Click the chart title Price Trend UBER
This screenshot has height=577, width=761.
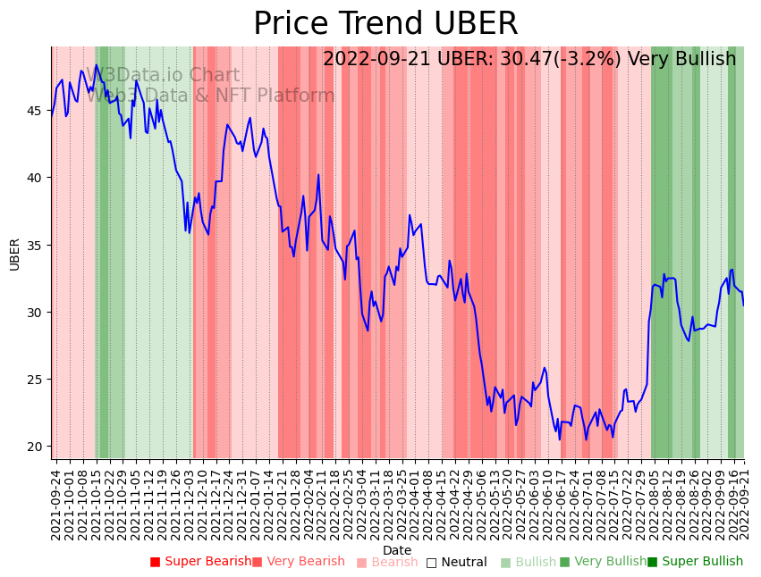coord(385,24)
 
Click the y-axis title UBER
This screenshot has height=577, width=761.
coord(15,254)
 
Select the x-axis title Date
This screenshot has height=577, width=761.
coord(397,551)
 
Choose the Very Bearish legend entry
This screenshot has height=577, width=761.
coord(299,562)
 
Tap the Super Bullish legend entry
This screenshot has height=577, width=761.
coord(695,562)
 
